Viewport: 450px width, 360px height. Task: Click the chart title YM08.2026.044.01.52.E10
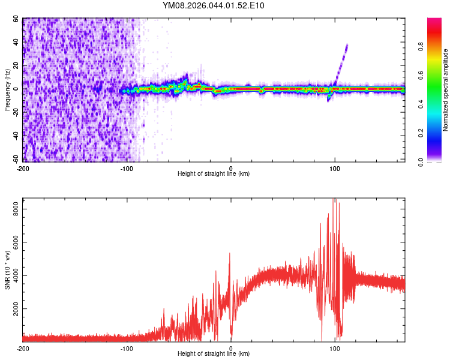click(x=214, y=5)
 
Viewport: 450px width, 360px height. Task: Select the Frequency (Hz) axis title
click(x=7, y=90)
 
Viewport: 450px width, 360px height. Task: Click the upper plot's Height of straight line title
click(x=214, y=173)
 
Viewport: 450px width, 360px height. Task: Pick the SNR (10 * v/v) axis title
click(x=7, y=269)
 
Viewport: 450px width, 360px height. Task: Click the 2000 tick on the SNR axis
click(x=13, y=308)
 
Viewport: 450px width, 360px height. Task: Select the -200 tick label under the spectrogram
click(x=23, y=167)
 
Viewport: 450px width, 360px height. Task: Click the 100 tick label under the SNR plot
click(x=335, y=348)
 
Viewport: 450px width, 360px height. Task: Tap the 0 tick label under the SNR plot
click(x=231, y=348)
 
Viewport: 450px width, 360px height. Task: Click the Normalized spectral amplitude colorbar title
click(x=446, y=90)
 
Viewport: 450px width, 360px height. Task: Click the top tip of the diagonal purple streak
click(x=347, y=45)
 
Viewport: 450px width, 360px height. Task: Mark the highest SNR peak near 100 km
click(x=334, y=199)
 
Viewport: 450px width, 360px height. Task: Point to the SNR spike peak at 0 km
click(x=229, y=253)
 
